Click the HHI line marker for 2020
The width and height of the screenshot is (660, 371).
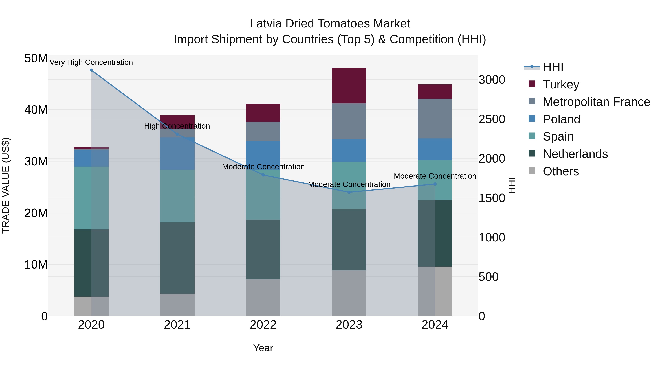pos(91,70)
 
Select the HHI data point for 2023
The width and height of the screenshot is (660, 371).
pos(349,192)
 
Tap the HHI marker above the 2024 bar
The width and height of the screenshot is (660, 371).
pos(435,184)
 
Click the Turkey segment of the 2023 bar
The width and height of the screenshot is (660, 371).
pos(349,86)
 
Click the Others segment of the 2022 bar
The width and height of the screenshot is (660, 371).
pos(263,297)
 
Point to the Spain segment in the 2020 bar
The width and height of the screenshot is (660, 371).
pos(91,198)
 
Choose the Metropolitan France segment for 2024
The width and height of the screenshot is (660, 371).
pos(435,118)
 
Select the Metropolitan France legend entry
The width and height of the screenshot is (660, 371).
pos(596,102)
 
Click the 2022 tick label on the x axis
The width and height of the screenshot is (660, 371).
pos(263,325)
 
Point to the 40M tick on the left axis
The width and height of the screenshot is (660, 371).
pos(36,110)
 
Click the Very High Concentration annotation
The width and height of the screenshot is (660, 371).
pos(91,62)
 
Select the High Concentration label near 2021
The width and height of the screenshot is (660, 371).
pos(177,126)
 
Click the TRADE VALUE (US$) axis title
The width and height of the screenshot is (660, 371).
pos(6,185)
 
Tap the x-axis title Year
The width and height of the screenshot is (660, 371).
pos(263,348)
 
